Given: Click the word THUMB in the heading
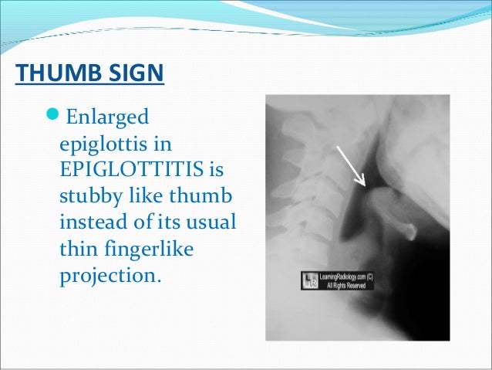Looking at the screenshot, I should pyautogui.click(x=53, y=75).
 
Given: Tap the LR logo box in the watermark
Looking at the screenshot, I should pyautogui.click(x=310, y=281).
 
